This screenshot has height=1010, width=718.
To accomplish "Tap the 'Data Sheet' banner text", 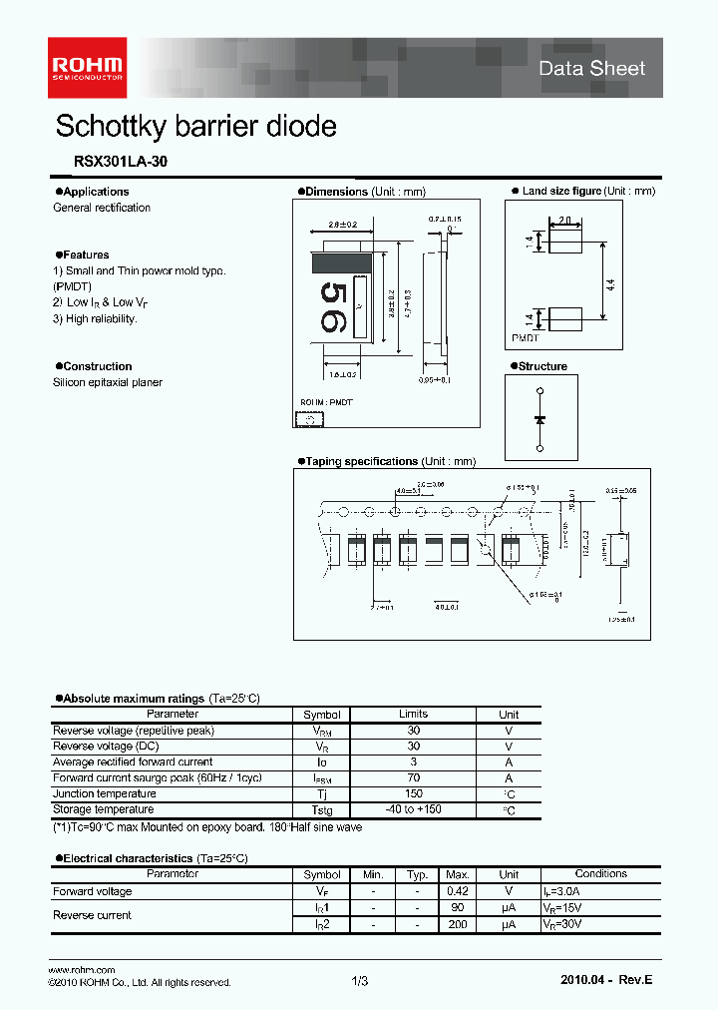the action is (591, 68).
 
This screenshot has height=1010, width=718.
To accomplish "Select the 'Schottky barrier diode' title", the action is (195, 127).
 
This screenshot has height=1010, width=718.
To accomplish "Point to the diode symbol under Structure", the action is (539, 420).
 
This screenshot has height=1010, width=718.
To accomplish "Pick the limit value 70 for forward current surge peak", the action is (413, 777).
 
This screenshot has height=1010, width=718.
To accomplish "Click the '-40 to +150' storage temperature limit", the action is (413, 809).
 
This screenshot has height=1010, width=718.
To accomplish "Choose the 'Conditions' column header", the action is (600, 874).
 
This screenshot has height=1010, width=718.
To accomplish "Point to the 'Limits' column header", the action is (413, 714).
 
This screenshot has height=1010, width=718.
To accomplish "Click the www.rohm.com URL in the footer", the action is (82, 970).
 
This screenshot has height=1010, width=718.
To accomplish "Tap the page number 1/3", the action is (360, 982).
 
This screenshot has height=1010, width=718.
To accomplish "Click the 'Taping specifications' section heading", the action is (361, 461).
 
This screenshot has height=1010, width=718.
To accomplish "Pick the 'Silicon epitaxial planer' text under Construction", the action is (108, 382).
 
